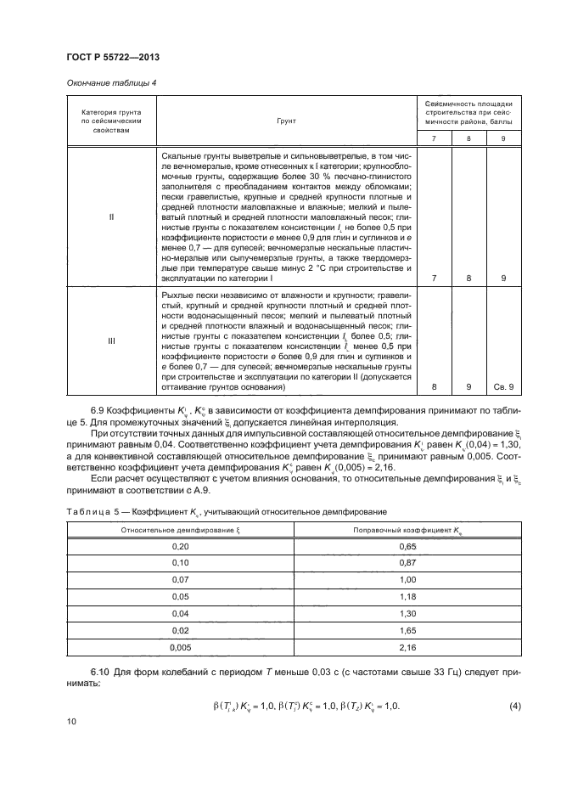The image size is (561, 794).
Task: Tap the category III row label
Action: tap(112, 341)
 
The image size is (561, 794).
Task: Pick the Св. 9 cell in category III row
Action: tap(505, 387)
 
